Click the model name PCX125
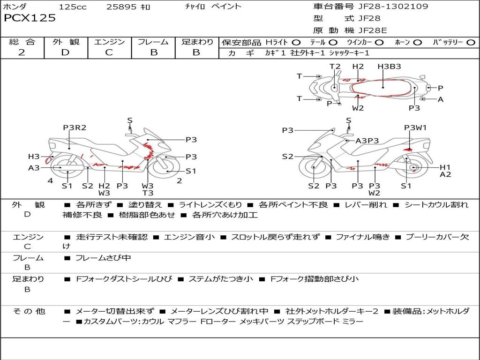click(x=30, y=18)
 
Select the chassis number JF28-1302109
click(x=391, y=6)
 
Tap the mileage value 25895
click(x=120, y=7)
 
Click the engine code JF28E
click(x=373, y=30)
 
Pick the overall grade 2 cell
click(x=22, y=52)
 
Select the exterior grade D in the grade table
click(x=65, y=52)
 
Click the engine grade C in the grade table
click(x=109, y=52)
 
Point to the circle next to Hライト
click(x=296, y=43)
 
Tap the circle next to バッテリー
click(x=471, y=43)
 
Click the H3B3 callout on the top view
click(x=389, y=67)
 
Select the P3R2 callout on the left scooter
click(x=75, y=127)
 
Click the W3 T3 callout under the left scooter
click(x=148, y=189)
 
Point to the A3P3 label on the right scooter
click(x=367, y=141)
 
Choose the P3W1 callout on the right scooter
click(x=415, y=127)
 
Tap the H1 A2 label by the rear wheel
click(x=445, y=171)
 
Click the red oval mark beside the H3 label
click(x=48, y=160)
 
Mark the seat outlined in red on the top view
click(x=382, y=88)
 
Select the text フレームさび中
click(x=103, y=258)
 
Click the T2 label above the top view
click(x=335, y=67)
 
